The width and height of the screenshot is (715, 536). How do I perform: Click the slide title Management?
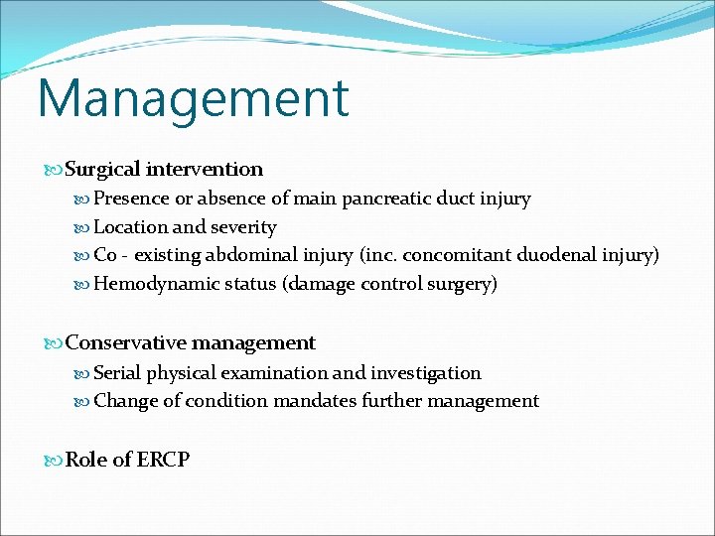[x=194, y=98]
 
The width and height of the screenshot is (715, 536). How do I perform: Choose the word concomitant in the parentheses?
[x=460, y=256]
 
